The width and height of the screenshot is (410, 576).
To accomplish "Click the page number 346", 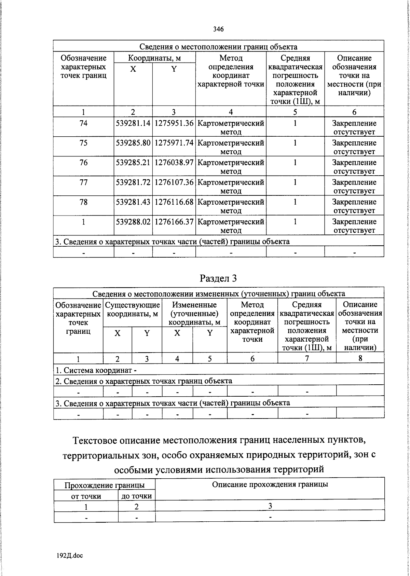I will pos(218,29).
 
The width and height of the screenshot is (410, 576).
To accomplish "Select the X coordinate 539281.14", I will pos(133,123).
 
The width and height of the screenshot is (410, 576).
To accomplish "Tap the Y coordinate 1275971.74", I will pos(174,143).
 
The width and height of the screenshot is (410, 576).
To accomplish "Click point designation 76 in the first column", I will pos(83,163).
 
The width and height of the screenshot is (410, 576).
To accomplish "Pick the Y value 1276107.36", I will pos(174,182).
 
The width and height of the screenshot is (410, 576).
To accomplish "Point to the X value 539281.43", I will pos(133,202).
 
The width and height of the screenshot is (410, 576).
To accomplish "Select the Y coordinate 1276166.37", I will pos(174,222).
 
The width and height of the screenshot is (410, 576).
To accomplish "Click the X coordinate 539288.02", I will pos(133,222).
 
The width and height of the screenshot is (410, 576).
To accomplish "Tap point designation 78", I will pos(83,202).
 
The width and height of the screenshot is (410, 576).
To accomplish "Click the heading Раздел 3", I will pos(218,278).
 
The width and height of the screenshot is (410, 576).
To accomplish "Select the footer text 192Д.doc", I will pos(70,556).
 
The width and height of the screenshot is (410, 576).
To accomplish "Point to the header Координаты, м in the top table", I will pos(154,58).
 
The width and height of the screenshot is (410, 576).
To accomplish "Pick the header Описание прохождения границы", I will pos(270,484).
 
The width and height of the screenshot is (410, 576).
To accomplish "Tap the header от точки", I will pos(86,496).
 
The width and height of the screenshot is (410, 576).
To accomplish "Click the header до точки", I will pos(137,496).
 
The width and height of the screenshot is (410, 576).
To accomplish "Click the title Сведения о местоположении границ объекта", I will pos(218,47).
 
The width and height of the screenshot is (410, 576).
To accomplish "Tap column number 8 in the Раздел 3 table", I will pos(360,358).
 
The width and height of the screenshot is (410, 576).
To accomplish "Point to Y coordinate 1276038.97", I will pos(174,163).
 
